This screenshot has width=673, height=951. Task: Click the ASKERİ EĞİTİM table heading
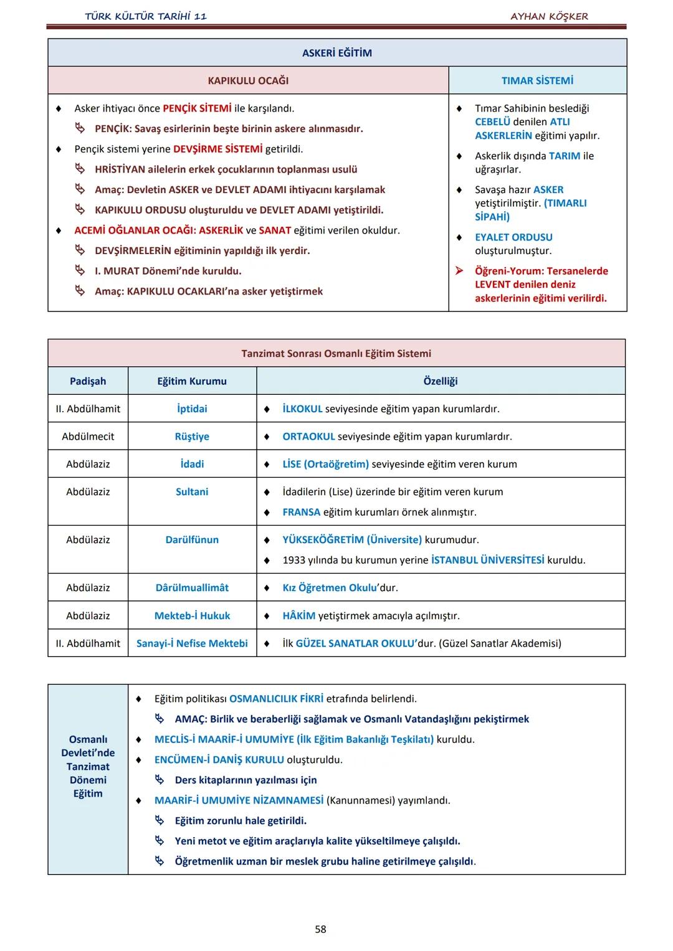click(336, 53)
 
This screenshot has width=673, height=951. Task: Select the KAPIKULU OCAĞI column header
click(248, 80)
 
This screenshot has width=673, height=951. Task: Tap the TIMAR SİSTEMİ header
click(537, 80)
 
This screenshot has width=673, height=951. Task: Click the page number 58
click(320, 929)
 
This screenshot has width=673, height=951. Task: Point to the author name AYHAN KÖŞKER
click(549, 16)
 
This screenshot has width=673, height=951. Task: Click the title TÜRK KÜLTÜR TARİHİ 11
click(146, 16)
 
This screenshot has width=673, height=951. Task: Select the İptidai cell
click(192, 409)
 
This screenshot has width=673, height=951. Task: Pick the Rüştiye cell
click(192, 437)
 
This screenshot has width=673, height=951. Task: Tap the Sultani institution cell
click(192, 491)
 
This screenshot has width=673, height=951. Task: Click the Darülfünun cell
click(192, 539)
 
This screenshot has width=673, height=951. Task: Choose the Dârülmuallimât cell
click(192, 587)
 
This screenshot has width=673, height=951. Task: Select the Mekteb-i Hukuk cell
click(192, 615)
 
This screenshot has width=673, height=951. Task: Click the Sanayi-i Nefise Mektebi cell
click(192, 643)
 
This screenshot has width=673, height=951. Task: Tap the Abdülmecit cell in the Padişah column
click(88, 437)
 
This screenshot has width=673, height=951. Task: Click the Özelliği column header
click(441, 381)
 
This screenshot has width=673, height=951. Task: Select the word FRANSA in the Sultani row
click(301, 512)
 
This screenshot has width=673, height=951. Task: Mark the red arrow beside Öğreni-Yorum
click(459, 271)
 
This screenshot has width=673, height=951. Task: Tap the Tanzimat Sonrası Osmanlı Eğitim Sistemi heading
click(336, 353)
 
